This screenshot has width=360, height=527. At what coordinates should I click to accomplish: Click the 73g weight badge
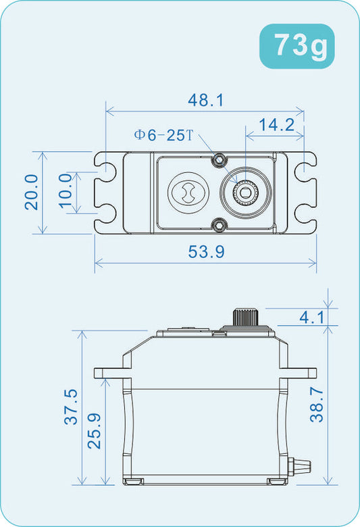tap(297, 45)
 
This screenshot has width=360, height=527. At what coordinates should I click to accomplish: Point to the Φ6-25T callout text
tap(163, 135)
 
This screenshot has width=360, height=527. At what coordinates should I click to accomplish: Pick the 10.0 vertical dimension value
tap(66, 192)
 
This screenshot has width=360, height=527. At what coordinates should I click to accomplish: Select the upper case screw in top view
tap(219, 160)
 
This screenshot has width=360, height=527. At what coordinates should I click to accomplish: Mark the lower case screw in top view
tap(219, 225)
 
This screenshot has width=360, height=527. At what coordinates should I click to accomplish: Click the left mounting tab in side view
tap(109, 372)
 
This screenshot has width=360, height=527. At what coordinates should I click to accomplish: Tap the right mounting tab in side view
tap(301, 372)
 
